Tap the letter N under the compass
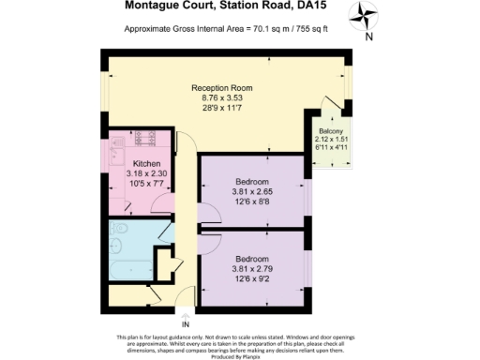(368, 37)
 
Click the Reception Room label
(222, 88)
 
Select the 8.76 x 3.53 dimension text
(222, 97)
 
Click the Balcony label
(332, 131)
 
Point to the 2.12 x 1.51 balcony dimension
(332, 140)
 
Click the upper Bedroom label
(251, 182)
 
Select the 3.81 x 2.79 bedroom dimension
(251, 268)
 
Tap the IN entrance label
(185, 325)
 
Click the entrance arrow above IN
(185, 313)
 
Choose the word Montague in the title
(153, 6)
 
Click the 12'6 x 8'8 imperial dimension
(251, 201)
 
